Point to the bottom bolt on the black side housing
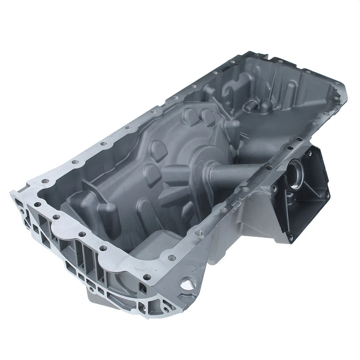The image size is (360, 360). pyautogui.click(x=290, y=237)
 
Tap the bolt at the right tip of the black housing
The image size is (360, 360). pyautogui.click(x=327, y=195)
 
